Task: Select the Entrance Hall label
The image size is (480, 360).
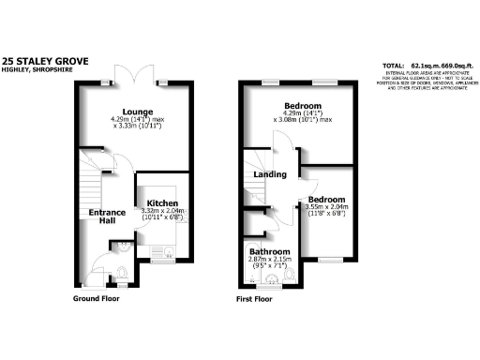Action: point(107,217)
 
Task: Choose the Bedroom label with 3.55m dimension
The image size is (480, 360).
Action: point(325,201)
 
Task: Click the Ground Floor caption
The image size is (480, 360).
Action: point(97,299)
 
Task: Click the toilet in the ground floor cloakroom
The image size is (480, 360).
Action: point(123,273)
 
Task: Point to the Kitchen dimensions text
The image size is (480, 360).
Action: point(162,215)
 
